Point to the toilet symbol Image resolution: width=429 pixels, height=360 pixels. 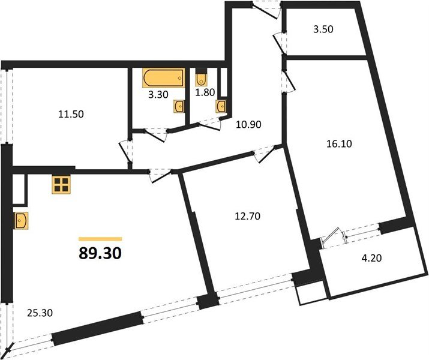tap(202, 78)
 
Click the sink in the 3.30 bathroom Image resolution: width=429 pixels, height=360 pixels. tap(179, 106)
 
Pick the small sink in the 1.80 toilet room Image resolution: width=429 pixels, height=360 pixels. tap(222, 106)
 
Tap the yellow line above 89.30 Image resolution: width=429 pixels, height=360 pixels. tap(100, 239)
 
